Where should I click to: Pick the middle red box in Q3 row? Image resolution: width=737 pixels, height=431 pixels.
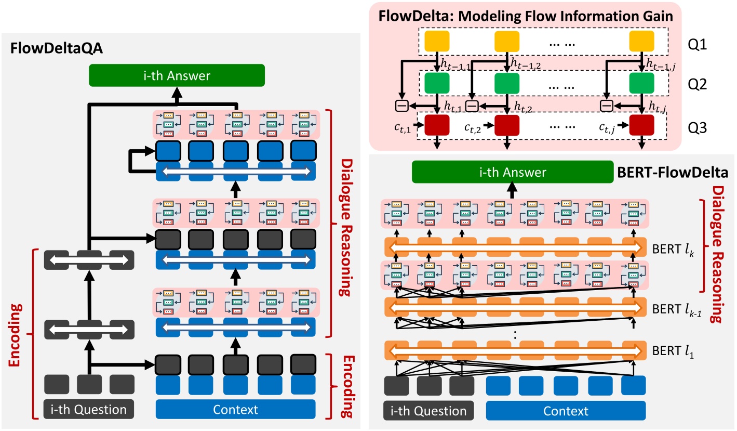(x=507, y=126)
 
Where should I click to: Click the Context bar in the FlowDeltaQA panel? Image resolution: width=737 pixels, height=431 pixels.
(x=235, y=409)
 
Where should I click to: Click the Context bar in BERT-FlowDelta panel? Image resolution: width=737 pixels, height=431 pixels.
(x=565, y=411)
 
